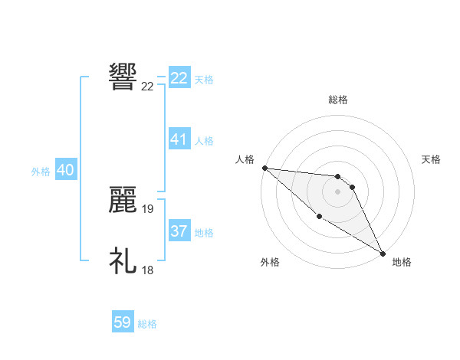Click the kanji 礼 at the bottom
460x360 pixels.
click(123, 260)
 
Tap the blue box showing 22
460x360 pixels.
click(179, 78)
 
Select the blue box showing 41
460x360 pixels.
click(179, 139)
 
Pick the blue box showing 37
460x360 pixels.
click(179, 231)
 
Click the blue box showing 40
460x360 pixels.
click(65, 171)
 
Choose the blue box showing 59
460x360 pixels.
click(123, 322)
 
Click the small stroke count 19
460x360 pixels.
click(148, 208)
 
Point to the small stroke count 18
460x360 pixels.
click(148, 270)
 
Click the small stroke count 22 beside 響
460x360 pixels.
click(148, 87)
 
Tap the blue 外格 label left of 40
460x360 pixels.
click(41, 172)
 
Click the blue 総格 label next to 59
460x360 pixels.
click(147, 324)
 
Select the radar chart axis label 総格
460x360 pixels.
click(338, 99)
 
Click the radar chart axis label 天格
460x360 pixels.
click(431, 159)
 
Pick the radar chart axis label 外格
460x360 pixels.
click(270, 262)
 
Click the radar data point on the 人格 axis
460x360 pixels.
click(264, 168)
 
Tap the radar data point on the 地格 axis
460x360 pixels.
click(383, 253)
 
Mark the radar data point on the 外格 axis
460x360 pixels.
click(319, 217)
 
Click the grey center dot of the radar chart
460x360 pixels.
click(337, 191)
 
